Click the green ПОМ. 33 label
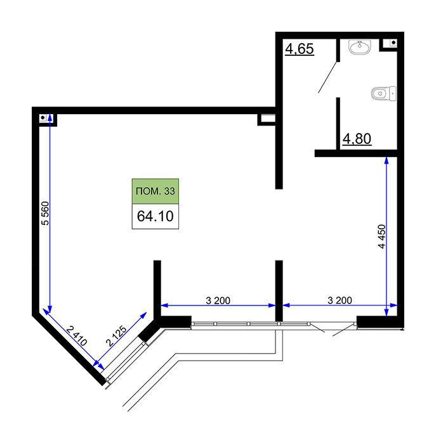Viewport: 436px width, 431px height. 155,191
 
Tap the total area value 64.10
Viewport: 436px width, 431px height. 155,216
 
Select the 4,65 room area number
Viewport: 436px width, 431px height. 300,49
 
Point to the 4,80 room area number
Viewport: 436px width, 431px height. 357,139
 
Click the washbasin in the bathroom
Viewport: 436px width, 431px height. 360,47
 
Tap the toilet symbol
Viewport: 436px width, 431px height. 384,94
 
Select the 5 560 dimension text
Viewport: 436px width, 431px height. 45,213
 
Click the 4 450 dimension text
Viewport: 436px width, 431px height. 382,236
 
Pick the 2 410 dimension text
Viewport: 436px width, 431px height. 77,336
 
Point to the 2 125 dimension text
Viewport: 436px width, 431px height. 116,336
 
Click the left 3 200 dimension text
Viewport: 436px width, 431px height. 218,300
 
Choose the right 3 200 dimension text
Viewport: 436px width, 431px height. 340,300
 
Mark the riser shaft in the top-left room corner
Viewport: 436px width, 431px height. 43,118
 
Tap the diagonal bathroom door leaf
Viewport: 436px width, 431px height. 327,77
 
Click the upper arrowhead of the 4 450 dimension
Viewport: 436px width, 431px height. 386,160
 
